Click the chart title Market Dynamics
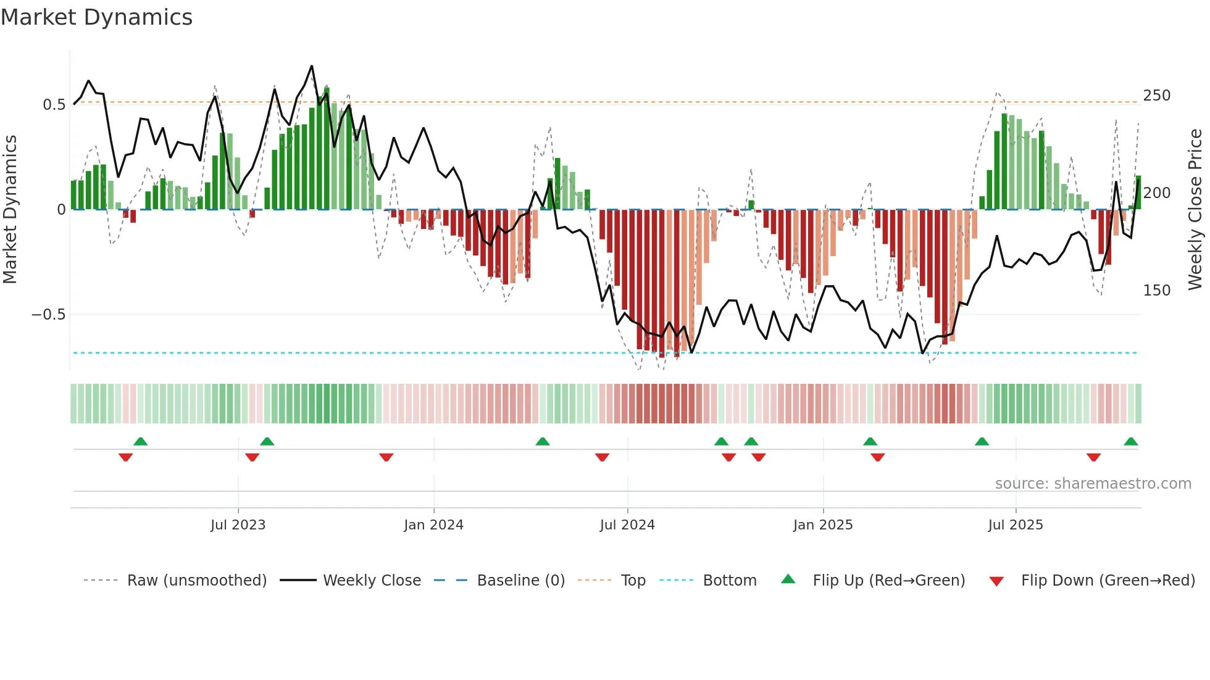96,17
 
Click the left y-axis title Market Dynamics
10,210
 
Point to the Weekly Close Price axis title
1195,210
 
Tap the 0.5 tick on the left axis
54,105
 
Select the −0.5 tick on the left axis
49,315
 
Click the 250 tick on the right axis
1156,96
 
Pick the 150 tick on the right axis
1156,290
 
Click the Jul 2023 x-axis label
238,525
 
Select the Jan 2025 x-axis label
823,525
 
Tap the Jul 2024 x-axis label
627,525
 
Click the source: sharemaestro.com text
1093,484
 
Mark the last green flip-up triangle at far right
1130,442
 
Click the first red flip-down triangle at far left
125,457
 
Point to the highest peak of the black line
312,66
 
